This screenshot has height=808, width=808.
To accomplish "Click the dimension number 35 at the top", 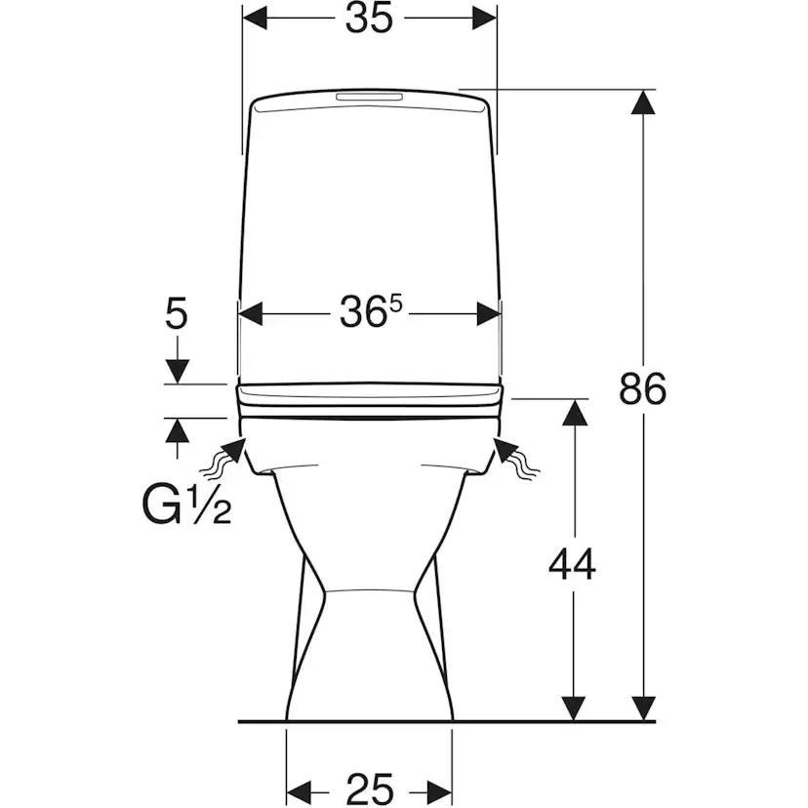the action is (x=369, y=20).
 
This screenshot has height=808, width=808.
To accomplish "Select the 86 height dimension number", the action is (x=642, y=388).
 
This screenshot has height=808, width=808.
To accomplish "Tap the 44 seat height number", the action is (x=572, y=565).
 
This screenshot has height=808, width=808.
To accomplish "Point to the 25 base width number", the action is (x=370, y=788).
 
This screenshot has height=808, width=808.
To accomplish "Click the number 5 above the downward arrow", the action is (x=177, y=314).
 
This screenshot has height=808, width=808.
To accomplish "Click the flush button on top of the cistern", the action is (x=370, y=97).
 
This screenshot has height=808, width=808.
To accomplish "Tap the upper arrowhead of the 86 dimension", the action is (x=642, y=102).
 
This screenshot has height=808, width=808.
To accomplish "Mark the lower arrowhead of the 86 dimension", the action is (x=642, y=708).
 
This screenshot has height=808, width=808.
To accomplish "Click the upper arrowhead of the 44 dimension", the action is (x=574, y=412).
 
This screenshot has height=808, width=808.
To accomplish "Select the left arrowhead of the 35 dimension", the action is (x=255, y=20).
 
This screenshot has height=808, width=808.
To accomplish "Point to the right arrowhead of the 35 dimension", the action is (x=485, y=20).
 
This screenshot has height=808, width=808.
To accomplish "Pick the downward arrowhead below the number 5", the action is (x=177, y=372).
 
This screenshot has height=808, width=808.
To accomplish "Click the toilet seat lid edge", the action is (x=370, y=399).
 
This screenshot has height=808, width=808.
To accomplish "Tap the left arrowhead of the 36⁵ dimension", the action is (x=251, y=314).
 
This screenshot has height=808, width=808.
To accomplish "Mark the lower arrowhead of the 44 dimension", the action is (x=574, y=708).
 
